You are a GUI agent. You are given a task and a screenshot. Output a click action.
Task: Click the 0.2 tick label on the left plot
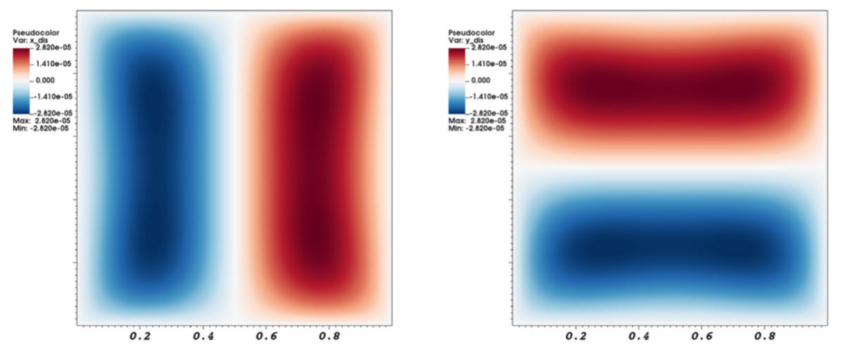click(x=141, y=336)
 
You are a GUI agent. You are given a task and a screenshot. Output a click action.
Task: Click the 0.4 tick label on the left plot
click(x=203, y=336)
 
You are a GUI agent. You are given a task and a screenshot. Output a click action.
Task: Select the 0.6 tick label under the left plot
click(x=266, y=336)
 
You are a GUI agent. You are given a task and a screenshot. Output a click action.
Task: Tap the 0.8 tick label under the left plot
click(x=330, y=336)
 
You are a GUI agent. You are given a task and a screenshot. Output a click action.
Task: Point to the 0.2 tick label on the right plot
click(x=576, y=336)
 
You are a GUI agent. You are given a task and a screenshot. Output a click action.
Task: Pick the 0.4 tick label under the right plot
click(x=639, y=336)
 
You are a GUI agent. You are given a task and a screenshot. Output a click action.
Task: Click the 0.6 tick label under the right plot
click(x=701, y=336)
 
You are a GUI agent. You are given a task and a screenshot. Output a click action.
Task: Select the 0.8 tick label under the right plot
click(x=765, y=336)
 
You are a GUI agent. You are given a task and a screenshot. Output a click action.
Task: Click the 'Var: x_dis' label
click(x=30, y=41)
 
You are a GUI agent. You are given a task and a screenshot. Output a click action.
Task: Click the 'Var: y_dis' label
click(x=466, y=41)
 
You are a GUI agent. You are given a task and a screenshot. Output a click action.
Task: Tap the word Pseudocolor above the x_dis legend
click(x=36, y=33)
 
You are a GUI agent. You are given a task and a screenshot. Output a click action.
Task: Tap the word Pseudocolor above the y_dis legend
click(x=472, y=33)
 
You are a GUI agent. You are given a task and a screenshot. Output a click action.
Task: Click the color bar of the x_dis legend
click(x=21, y=81)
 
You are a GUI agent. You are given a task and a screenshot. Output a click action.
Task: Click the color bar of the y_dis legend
click(x=457, y=81)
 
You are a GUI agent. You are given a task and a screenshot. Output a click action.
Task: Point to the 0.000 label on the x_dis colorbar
click(x=45, y=80)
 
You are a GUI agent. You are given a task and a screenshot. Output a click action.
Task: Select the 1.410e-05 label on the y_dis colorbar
click(x=489, y=63)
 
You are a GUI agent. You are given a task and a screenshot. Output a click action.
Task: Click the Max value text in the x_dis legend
click(x=41, y=121)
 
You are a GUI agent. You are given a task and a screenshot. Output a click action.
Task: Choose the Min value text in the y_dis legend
click(x=477, y=128)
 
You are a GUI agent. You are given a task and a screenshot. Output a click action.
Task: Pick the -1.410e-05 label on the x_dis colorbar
click(x=53, y=96)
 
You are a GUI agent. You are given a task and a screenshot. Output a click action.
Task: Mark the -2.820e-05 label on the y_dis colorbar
click(x=489, y=113)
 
